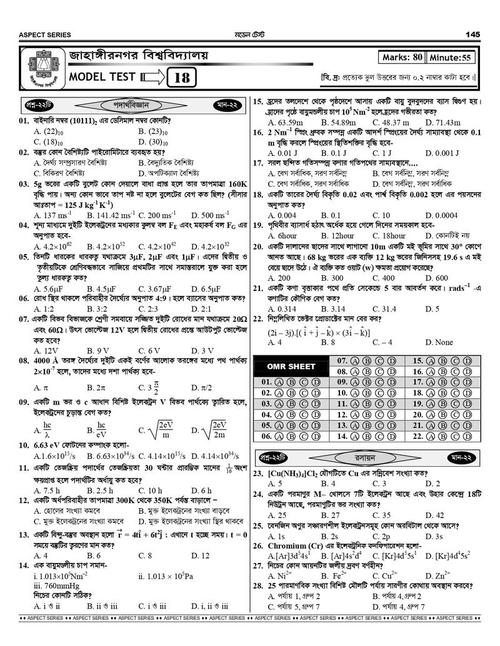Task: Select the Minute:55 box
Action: [450, 57]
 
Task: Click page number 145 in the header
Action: [472, 34]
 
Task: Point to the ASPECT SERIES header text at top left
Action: [45, 35]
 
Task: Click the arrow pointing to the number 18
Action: [153, 78]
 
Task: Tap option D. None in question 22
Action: [439, 343]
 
